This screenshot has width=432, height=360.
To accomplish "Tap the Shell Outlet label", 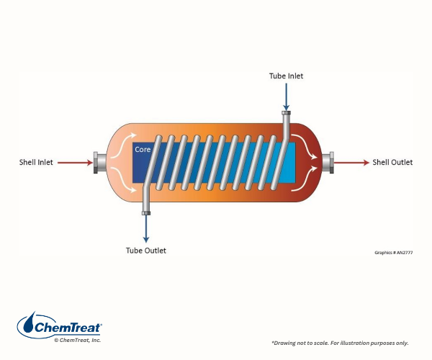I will tap(392, 163).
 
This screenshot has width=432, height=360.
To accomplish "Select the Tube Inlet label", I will tap(287, 76).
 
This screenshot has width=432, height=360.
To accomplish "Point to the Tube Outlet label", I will tap(146, 251).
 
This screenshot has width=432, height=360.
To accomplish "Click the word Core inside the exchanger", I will tap(143, 150).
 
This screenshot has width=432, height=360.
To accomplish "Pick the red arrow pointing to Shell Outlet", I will tap(353, 163).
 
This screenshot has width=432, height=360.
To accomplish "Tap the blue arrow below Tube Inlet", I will tap(287, 95).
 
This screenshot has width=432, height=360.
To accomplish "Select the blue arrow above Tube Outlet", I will tap(146, 229).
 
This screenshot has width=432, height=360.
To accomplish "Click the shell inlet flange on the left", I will tap(97, 163).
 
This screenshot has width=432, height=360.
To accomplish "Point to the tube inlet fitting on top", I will tap(287, 113).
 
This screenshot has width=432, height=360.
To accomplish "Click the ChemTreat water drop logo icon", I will tap(27, 324).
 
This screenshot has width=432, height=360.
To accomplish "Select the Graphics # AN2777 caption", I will tap(393, 253).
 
